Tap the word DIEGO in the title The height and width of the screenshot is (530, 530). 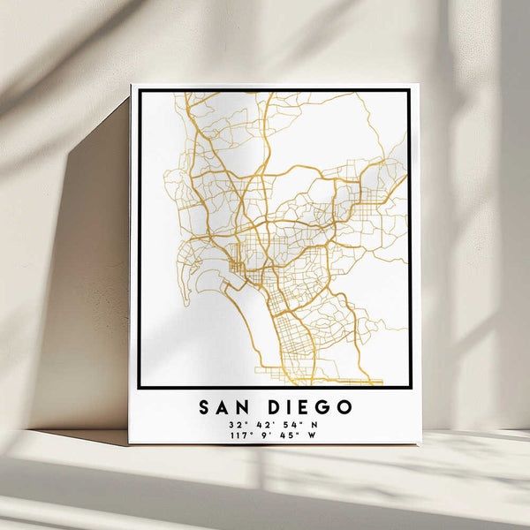(x=311, y=407)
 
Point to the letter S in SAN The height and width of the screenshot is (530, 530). (x=205, y=407)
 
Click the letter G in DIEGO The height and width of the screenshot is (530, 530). (x=324, y=407)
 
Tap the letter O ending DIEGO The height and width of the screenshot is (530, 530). (x=345, y=407)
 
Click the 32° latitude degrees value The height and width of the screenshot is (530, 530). (x=237, y=425)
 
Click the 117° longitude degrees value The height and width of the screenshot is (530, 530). (x=238, y=436)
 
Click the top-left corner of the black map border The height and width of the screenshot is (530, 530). (x=140, y=91)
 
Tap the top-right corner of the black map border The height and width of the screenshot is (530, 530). (x=409, y=91)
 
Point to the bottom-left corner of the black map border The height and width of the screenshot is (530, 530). (x=140, y=387)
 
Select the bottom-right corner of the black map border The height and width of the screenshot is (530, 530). (x=409, y=387)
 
